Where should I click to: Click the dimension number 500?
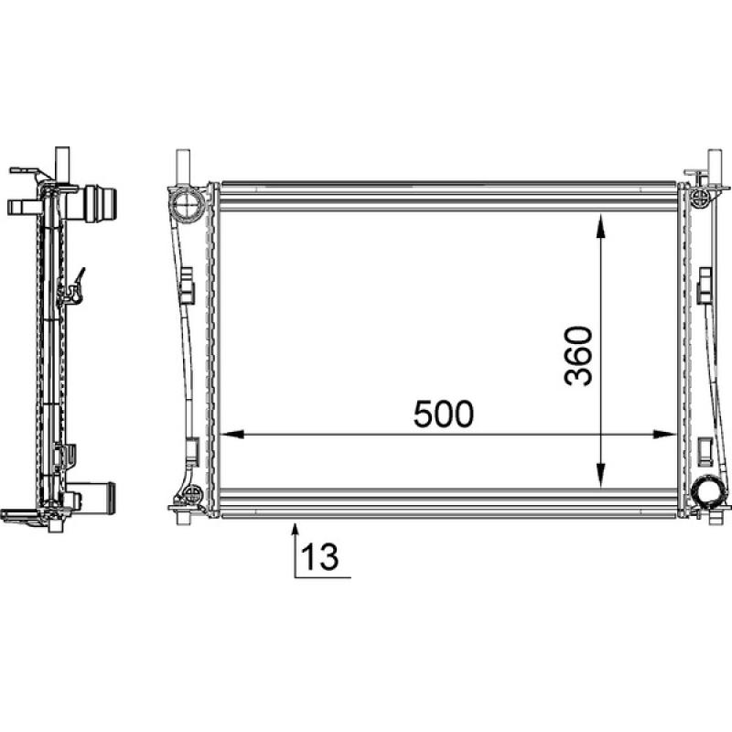pos(444,414)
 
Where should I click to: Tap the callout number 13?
pos(318,555)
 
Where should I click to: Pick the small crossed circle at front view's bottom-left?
pos(193,495)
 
